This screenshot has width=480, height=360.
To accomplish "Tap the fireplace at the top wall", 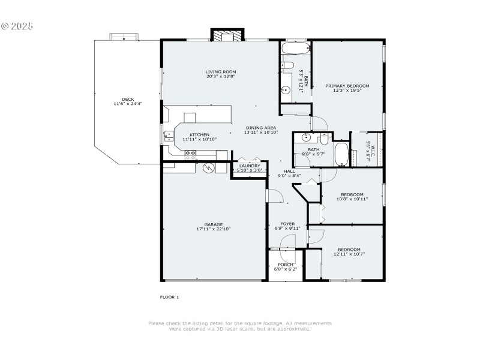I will coord(227,37).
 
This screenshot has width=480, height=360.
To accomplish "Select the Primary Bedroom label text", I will coord(347,86).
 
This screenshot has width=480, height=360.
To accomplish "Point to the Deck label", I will coord(128,100).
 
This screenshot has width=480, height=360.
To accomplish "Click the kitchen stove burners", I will coord(191,154).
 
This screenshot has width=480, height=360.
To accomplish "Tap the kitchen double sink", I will coord(168,136).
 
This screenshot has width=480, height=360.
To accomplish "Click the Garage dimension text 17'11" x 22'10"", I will coord(213,229).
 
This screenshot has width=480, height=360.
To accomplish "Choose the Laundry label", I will coord(249,166).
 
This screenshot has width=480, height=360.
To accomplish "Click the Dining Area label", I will coord(260,128).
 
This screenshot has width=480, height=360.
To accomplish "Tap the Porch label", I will coord(286,265).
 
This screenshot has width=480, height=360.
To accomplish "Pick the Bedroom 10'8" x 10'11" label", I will coord(352,194).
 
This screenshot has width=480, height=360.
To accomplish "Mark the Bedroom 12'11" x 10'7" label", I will coord(349,250).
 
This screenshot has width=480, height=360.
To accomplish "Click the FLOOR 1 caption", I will coord(169,297).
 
